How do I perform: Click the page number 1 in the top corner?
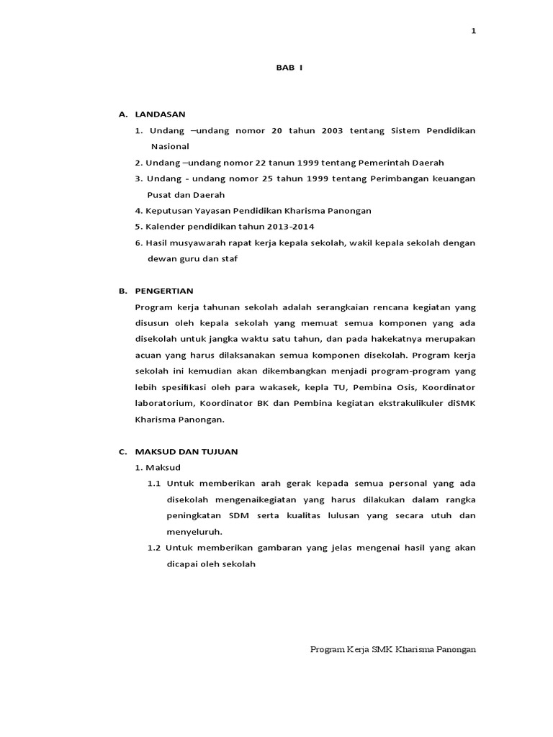[x=474, y=30]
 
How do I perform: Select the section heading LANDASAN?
[x=160, y=114]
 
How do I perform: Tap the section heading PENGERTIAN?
[x=164, y=291]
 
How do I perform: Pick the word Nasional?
[x=168, y=146]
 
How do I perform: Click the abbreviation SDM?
[x=238, y=516]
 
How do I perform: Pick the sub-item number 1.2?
[x=153, y=548]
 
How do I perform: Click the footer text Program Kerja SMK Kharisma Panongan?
[x=393, y=648]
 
